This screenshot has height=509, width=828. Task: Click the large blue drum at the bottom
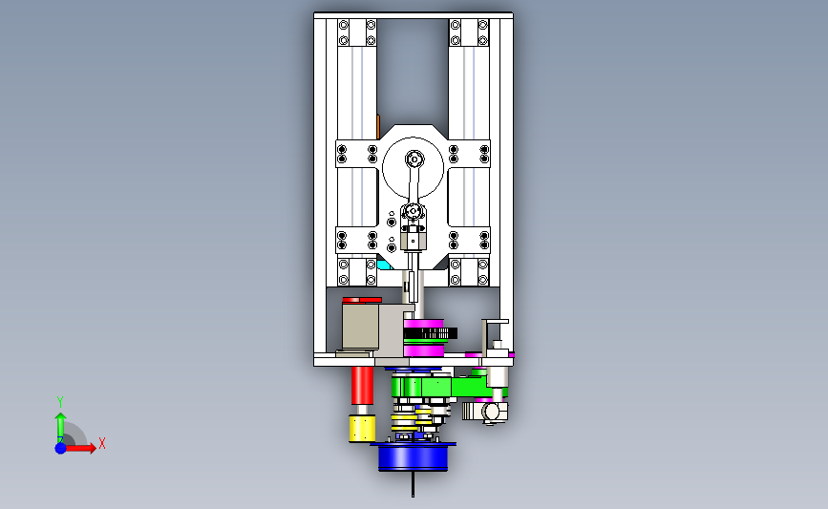point(413,457)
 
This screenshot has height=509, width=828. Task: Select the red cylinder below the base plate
point(362,386)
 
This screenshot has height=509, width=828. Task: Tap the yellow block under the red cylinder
point(362,428)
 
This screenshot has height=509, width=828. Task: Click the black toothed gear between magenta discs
point(431,333)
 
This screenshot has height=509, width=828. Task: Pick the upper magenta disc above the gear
point(423,323)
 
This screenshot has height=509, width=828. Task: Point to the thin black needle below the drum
point(413,484)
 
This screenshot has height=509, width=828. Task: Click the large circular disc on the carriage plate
point(413,168)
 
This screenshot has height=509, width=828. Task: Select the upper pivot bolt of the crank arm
point(414,159)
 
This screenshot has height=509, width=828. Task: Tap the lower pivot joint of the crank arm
point(413,212)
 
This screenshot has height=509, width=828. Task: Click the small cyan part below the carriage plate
point(385,263)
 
